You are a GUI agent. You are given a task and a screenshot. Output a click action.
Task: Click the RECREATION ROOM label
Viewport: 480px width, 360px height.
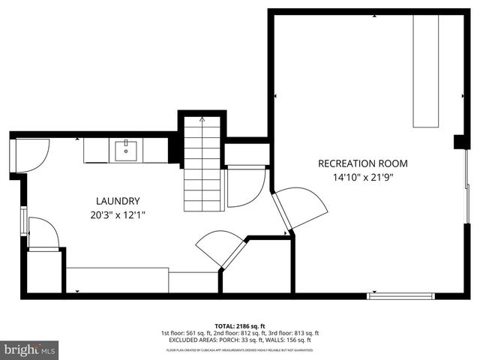coord(362,163)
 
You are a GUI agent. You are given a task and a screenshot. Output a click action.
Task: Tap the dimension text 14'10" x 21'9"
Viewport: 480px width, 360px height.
coord(362,178)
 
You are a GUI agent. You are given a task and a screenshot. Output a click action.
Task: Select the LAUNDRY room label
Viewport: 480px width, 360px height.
coord(118,201)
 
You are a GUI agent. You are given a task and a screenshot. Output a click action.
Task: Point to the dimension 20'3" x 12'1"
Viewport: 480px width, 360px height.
coord(118,215)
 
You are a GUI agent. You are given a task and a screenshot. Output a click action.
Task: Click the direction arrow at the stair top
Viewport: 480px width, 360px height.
coord(202,119)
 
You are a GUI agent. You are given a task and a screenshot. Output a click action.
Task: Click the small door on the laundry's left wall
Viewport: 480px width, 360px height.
coord(41,233)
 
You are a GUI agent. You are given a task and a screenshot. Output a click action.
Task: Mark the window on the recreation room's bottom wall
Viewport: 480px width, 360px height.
coord(400,296)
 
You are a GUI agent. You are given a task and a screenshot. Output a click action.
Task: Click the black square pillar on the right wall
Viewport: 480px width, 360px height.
coord(460,142)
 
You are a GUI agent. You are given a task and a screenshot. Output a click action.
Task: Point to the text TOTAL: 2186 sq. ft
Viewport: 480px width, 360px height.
coord(239,326)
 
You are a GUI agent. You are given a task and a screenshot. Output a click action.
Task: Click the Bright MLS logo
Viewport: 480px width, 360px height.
coord(30,349)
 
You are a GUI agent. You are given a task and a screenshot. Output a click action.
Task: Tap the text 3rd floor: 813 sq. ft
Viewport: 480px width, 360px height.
coord(293,333)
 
